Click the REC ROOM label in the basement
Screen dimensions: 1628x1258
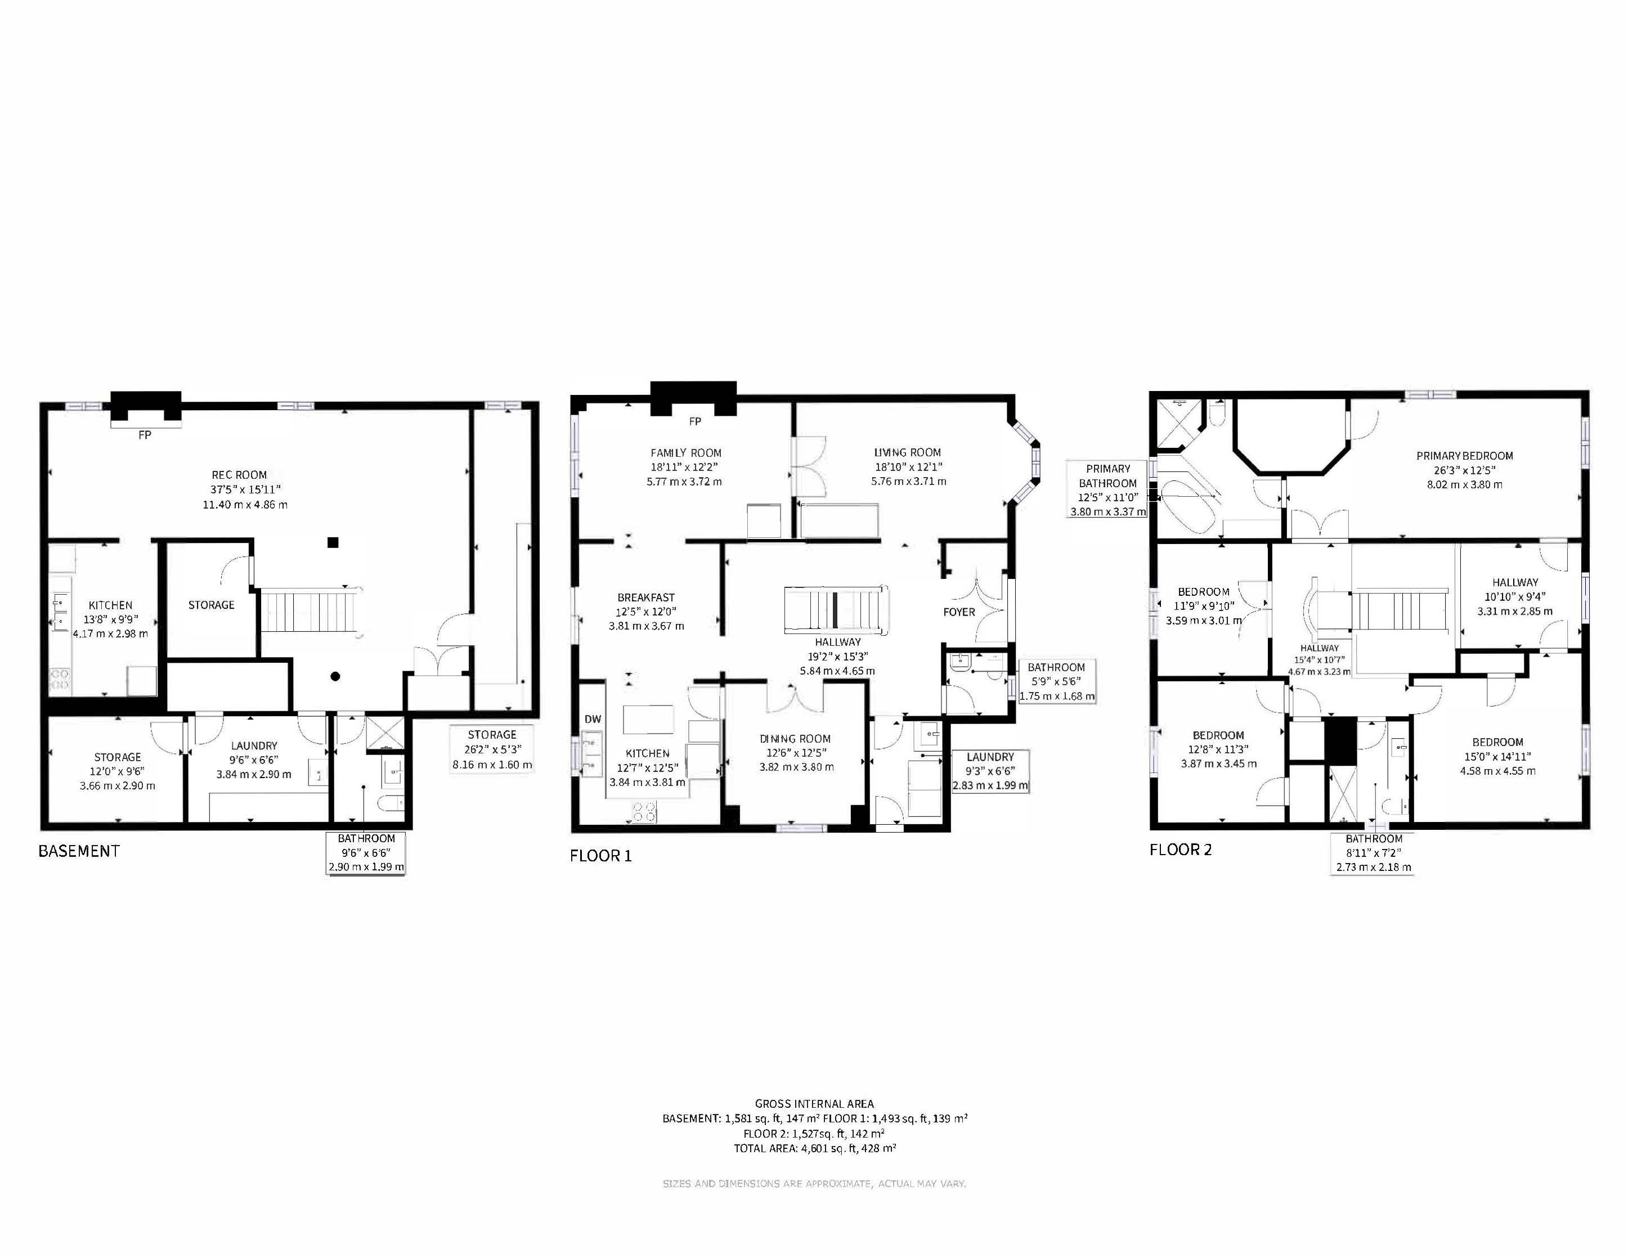pyautogui.click(x=239, y=475)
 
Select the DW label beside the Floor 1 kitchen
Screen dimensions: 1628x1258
pyautogui.click(x=593, y=719)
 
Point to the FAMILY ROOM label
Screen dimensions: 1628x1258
pyautogui.click(x=686, y=452)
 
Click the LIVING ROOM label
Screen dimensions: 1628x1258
pyautogui.click(x=907, y=452)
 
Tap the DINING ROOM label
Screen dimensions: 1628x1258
pyautogui.click(x=795, y=739)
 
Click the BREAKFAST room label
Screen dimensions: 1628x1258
pyautogui.click(x=645, y=597)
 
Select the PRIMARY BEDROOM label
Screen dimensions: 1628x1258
pyautogui.click(x=1465, y=455)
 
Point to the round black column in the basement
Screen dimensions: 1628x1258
pyautogui.click(x=335, y=677)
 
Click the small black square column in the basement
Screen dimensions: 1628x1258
pyautogui.click(x=333, y=542)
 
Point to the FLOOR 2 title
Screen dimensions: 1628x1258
pyautogui.click(x=1181, y=850)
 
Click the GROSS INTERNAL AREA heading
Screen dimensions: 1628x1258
pyautogui.click(x=814, y=1104)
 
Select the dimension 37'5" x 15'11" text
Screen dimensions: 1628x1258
pyautogui.click(x=245, y=489)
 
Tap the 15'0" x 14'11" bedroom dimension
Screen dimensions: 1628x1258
pyautogui.click(x=1497, y=757)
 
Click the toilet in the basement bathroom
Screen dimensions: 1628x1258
pyautogui.click(x=390, y=803)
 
